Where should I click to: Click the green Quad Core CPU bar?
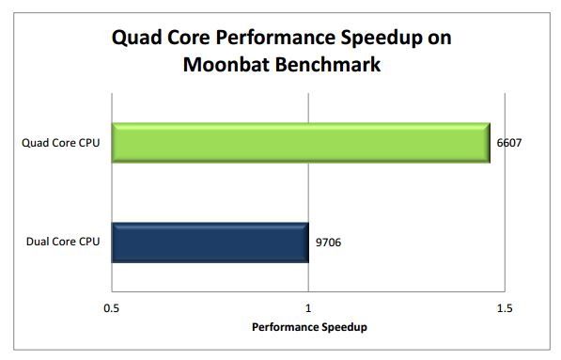(301, 143)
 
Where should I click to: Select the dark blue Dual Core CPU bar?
(210, 243)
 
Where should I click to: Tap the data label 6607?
(508, 143)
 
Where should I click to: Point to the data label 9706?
(326, 243)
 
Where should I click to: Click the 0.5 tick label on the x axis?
(111, 308)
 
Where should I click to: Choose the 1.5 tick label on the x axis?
(503, 308)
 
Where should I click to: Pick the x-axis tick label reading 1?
(308, 308)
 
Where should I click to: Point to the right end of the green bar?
(488, 143)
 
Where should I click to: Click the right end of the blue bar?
(306, 243)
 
